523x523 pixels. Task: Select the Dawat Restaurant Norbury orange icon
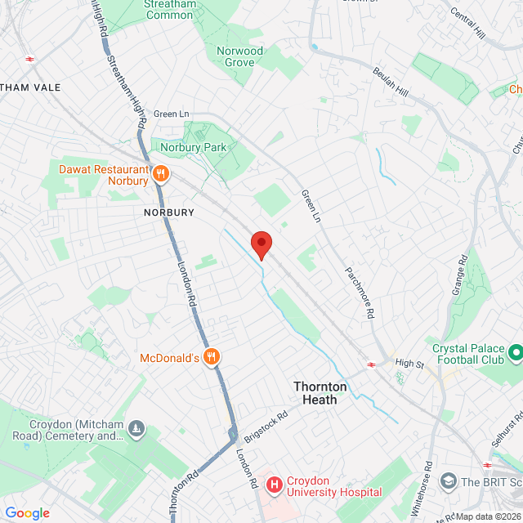161,173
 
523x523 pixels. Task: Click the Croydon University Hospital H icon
273,485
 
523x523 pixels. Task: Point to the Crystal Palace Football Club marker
516,353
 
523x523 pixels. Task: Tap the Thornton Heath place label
320,393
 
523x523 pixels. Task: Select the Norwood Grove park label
240,56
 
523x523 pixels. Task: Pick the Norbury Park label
192,147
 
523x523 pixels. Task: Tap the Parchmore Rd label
359,291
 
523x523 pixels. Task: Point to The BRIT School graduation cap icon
447,482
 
